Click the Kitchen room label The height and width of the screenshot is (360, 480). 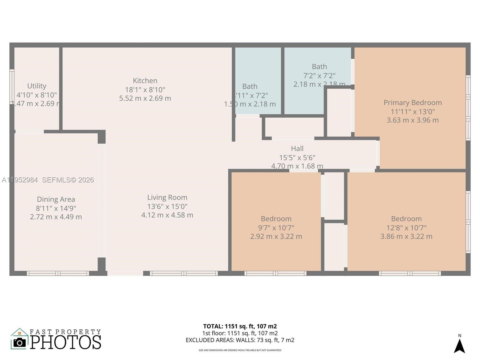point(145,81)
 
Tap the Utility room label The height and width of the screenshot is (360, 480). point(37,86)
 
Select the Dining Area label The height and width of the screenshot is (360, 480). point(56,199)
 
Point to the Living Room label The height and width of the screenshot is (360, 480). point(167,197)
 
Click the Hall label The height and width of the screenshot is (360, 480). point(297,148)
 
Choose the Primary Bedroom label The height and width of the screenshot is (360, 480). point(412,103)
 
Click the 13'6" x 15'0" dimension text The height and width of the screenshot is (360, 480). point(167,206)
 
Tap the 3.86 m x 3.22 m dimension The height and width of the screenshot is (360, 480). point(406,236)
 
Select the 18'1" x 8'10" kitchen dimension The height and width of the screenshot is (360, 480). point(145,90)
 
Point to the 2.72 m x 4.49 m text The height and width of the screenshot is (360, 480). point(56,217)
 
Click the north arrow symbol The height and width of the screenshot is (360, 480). point(459,346)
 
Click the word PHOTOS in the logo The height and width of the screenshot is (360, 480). point(66,342)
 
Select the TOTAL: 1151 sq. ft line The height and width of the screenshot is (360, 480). point(240,326)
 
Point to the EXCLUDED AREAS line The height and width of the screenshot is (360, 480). point(240,340)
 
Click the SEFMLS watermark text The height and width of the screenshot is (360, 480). point(68,180)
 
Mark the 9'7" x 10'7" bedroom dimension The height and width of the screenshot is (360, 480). point(276,228)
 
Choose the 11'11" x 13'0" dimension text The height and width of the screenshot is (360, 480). point(412,112)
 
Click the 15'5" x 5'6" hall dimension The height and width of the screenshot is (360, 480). point(297,157)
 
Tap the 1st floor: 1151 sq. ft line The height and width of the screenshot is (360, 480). point(240,333)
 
